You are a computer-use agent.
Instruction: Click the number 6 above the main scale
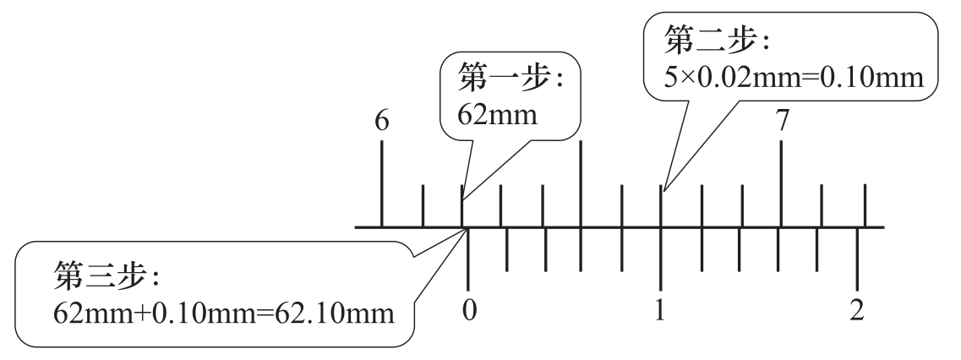pos(381,121)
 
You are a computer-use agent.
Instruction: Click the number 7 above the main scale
pos(782,121)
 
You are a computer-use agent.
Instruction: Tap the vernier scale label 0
pos(469,310)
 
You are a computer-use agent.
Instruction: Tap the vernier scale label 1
pos(660,310)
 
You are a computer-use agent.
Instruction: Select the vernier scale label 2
pos(857,310)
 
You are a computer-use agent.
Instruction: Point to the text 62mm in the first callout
pos(497,114)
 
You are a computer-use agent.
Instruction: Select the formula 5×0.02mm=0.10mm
pos(794,78)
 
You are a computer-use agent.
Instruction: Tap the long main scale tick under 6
pos(382,184)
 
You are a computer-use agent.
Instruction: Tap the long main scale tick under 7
pos(781,184)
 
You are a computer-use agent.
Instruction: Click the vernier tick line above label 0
pos(468,259)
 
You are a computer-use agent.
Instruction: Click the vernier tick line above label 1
pos(660,259)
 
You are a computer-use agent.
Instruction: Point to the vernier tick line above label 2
pos(857,259)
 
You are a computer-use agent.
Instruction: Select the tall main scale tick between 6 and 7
pos(581,184)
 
